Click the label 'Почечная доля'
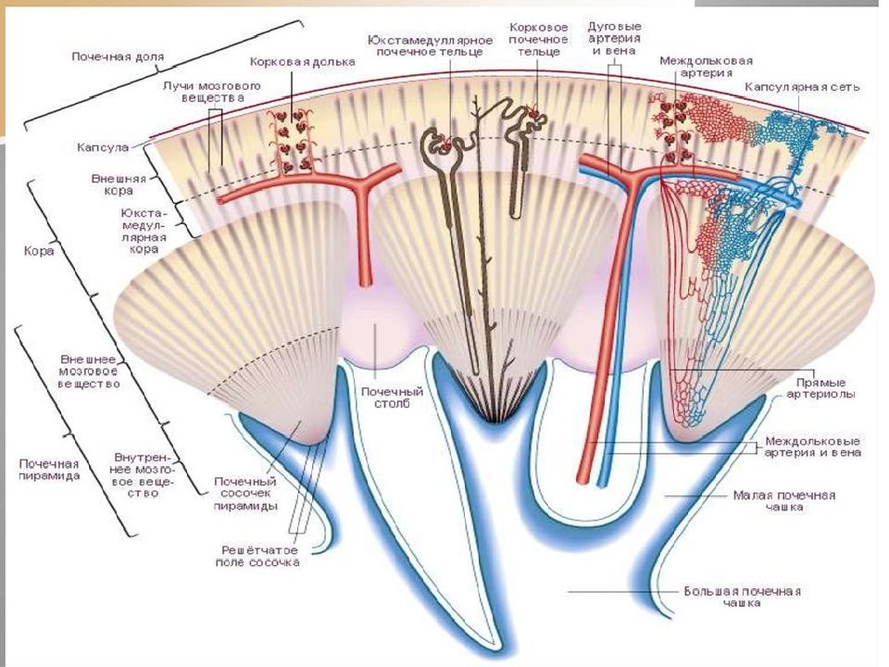[x=118, y=57]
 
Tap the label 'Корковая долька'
[x=303, y=62]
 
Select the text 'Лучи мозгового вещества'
[x=212, y=92]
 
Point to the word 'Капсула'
[x=103, y=147]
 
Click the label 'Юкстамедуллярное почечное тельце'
[x=430, y=46]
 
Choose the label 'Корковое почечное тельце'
[x=539, y=39]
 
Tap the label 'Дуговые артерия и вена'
[x=615, y=38]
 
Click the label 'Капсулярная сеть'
[x=802, y=87]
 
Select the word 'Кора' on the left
[x=39, y=250]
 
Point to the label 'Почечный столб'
[x=393, y=397]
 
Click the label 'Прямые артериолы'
[x=821, y=388]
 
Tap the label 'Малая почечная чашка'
[x=784, y=501]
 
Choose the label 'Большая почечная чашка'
[x=742, y=597]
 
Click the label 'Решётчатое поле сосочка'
[x=259, y=556]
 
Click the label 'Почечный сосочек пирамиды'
[x=245, y=494]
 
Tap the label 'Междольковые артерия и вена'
[x=812, y=447]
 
